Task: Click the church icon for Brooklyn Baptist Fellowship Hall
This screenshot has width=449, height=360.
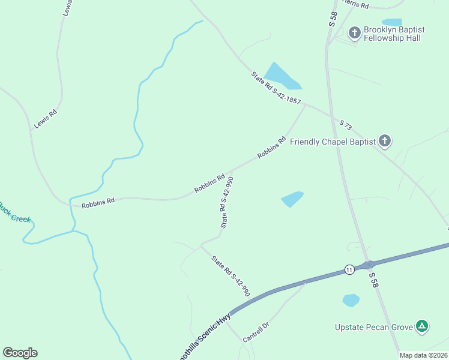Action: coord(355,32)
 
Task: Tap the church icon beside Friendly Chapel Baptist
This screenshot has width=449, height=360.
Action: coord(385,142)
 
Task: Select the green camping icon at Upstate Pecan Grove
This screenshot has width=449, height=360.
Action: coord(423,326)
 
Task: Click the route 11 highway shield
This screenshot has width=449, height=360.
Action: coord(349,269)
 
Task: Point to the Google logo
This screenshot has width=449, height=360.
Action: coord(20,353)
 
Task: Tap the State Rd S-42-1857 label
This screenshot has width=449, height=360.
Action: coord(276,89)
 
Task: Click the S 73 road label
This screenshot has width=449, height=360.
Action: coord(345,124)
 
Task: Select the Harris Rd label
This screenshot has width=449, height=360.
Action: coord(355,5)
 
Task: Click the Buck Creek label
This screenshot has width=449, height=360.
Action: coord(13,213)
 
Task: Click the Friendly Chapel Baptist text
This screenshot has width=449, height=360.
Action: coord(333,142)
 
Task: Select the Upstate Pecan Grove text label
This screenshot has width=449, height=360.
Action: coord(374,327)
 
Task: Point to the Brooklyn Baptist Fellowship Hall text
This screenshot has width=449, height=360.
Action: coord(395,34)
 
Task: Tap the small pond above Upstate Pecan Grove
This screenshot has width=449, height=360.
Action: coord(351,299)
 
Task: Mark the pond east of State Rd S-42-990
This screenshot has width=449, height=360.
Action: coord(292,198)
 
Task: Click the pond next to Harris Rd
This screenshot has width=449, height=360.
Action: coord(391,22)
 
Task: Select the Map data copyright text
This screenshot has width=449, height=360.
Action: coord(423,355)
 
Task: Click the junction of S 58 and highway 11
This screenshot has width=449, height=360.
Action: coord(369,265)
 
